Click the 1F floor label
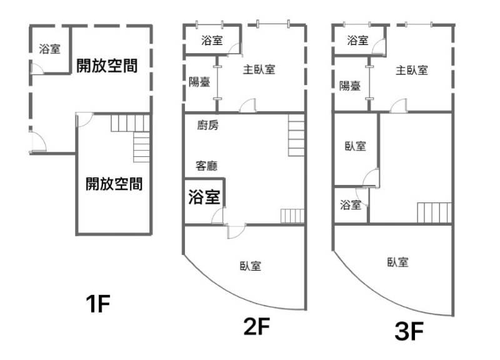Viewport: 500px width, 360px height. [98, 304]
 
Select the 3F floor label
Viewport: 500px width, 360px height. [409, 331]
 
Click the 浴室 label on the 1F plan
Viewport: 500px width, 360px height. [49, 49]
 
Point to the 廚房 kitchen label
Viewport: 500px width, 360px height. [207, 125]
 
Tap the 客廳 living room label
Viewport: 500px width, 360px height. [206, 166]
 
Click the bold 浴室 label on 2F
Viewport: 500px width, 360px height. [204, 197]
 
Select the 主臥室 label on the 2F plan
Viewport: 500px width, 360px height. [259, 69]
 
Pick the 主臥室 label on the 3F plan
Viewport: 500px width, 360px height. [412, 70]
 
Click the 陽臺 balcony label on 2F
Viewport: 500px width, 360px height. [199, 82]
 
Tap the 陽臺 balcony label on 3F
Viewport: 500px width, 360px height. [350, 86]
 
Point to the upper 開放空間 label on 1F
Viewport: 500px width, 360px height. [107, 66]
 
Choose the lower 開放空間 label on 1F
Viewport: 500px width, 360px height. [114, 184]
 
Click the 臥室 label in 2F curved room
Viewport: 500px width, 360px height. [251, 266]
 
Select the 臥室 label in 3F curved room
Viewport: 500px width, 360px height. [397, 262]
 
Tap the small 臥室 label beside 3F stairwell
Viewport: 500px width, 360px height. [355, 146]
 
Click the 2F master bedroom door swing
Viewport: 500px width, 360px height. [247, 106]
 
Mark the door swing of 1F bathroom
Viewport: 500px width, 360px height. [37, 69]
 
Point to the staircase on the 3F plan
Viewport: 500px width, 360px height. [434, 212]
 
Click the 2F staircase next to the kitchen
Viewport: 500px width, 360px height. [296, 135]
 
